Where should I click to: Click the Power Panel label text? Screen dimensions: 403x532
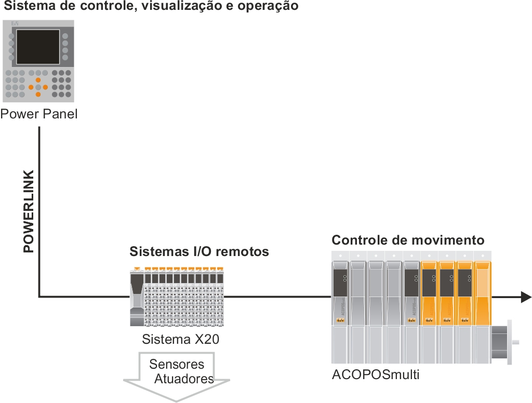(39, 114)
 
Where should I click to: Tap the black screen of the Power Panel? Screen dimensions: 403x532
(38, 47)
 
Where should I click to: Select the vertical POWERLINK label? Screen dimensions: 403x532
(29, 211)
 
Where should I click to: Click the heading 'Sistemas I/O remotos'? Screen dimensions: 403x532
(199, 252)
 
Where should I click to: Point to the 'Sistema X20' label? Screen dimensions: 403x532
(180, 340)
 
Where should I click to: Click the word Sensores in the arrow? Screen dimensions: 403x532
(177, 364)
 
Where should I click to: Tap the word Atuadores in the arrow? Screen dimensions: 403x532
(184, 379)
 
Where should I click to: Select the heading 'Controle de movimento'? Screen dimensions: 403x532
(408, 240)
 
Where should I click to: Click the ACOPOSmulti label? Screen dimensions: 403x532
(375, 374)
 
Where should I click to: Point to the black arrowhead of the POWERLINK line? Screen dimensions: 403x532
(526, 297)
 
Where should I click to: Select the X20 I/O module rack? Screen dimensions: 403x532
(177, 297)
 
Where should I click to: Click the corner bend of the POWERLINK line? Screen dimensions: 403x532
(39, 297)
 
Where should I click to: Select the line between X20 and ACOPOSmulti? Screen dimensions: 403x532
(278, 297)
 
